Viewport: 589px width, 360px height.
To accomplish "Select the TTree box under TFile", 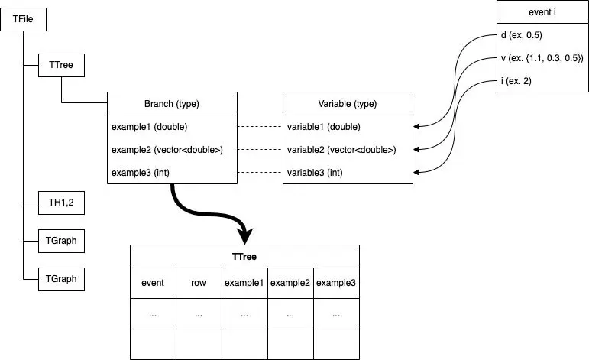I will click(61, 66).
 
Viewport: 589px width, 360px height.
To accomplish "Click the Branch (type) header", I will click(172, 104).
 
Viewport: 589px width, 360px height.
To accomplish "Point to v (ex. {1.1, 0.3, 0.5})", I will click(542, 58).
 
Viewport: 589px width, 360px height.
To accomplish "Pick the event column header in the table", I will click(153, 283).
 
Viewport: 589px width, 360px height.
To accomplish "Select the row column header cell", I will click(199, 283).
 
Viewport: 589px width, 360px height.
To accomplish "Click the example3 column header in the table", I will click(336, 283).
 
